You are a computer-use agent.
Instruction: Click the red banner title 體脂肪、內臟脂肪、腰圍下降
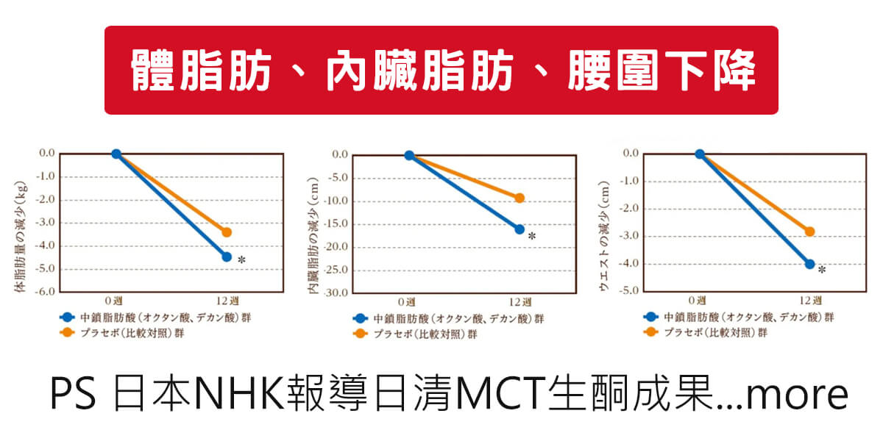click(x=441, y=71)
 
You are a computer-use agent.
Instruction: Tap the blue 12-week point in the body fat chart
click(x=227, y=257)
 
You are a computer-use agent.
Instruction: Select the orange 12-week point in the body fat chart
click(x=227, y=232)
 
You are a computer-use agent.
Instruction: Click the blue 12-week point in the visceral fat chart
click(x=519, y=229)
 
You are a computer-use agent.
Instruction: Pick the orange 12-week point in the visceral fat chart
click(x=519, y=198)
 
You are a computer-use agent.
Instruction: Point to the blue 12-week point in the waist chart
click(x=810, y=264)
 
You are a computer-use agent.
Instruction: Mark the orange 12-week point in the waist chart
click(x=810, y=232)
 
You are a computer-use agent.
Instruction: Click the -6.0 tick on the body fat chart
click(x=46, y=292)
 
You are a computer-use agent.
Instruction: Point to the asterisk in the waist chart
click(x=822, y=270)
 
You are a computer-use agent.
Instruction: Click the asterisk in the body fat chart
click(x=241, y=260)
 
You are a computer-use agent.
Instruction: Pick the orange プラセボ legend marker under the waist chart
click(x=651, y=332)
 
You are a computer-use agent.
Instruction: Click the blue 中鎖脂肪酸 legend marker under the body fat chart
click(x=67, y=318)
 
